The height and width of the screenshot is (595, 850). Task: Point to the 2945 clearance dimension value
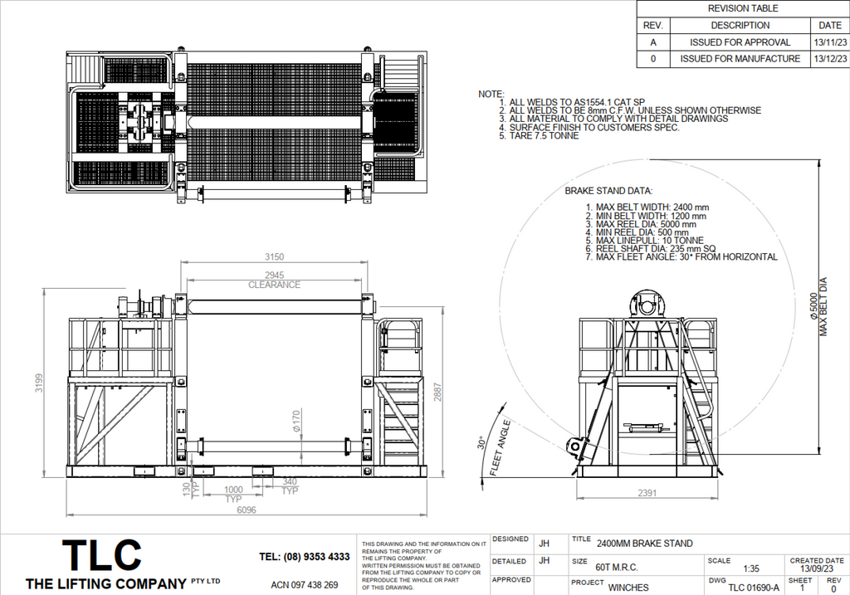(274, 275)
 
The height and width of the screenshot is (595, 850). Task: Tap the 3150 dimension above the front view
(274, 256)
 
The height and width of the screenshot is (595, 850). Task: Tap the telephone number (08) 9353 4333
(304, 557)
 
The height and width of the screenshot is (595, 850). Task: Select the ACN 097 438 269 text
(305, 585)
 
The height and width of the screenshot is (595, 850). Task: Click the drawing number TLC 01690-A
(753, 588)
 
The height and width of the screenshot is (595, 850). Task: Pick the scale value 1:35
(751, 568)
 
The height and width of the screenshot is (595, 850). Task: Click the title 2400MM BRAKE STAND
(644, 544)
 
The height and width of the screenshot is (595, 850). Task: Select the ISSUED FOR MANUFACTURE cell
(740, 59)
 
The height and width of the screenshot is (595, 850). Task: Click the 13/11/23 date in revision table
(828, 42)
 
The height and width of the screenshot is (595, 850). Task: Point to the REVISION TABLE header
(743, 8)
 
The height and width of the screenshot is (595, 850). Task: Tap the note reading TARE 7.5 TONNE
(545, 135)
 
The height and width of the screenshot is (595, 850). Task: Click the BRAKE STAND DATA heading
(608, 190)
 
